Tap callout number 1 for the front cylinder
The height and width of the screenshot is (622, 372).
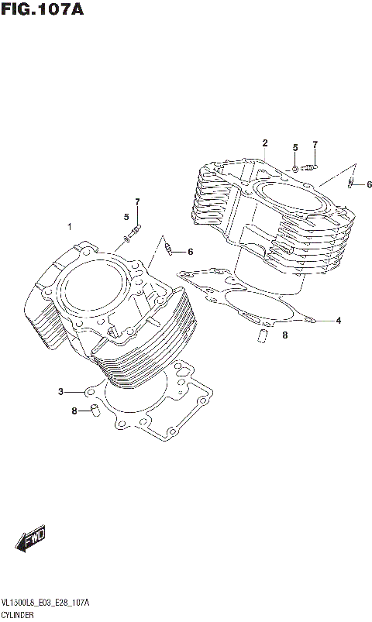(x=69, y=226)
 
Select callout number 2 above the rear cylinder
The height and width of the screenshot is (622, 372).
(x=264, y=143)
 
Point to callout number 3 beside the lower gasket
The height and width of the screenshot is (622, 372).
(x=60, y=391)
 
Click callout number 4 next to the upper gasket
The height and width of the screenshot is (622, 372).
(x=338, y=319)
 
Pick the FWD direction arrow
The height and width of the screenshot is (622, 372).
(x=31, y=539)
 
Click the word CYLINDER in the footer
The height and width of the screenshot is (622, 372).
(x=19, y=613)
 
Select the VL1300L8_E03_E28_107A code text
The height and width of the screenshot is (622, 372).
(x=46, y=602)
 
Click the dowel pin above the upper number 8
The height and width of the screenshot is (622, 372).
(x=262, y=335)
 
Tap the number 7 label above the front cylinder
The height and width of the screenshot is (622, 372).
(x=136, y=202)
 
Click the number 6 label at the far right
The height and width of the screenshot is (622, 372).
(x=369, y=184)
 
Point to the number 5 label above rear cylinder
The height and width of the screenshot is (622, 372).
(x=294, y=147)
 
